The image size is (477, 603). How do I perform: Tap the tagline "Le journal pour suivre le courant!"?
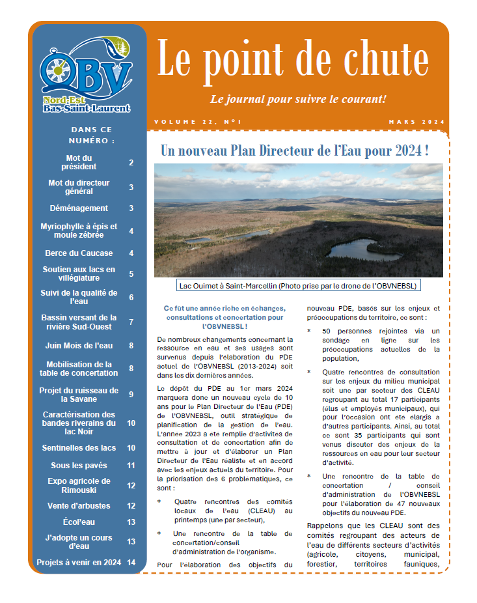[x=298, y=100]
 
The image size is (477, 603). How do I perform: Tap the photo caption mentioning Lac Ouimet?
[x=298, y=285]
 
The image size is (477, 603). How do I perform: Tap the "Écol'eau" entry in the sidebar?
[x=79, y=522]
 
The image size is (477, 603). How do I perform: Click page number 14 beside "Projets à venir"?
[x=131, y=563]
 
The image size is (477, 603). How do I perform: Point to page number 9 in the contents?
[x=131, y=395]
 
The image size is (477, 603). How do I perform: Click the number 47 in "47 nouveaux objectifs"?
[x=399, y=503]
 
